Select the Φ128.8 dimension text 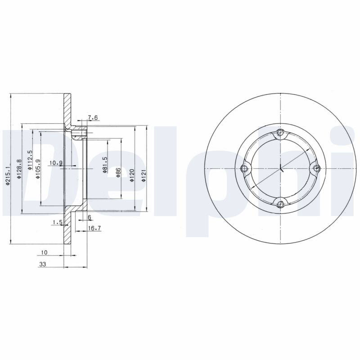(x=19, y=169)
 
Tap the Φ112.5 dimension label (x=30, y=160)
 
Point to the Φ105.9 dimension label (x=38, y=169)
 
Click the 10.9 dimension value (x=56, y=163)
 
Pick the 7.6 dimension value (x=93, y=117)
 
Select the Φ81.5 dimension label (x=105, y=165)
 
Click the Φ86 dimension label (x=118, y=172)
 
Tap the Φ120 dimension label (x=132, y=175)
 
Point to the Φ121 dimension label (x=144, y=175)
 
